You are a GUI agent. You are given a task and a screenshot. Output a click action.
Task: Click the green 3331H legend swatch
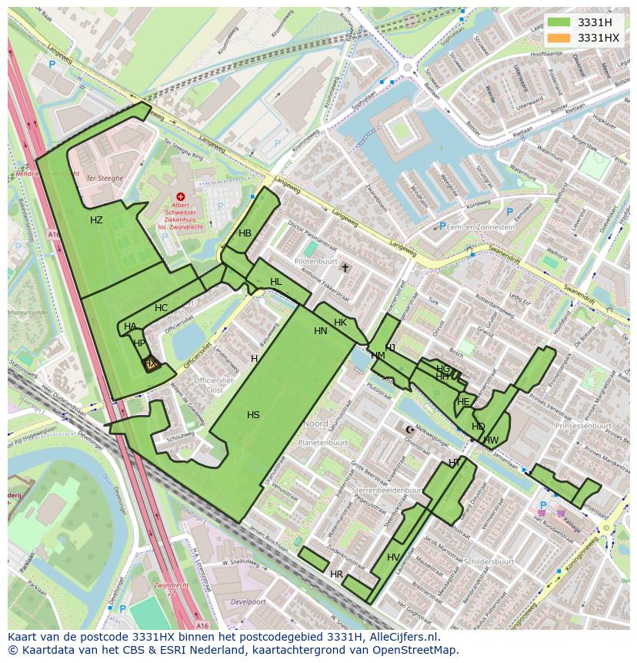coord(559,22)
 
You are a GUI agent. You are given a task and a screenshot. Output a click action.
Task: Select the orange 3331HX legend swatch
coord(559,38)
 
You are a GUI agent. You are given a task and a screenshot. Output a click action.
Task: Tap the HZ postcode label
coord(96,220)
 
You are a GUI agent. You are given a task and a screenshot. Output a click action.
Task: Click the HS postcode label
coord(253,415)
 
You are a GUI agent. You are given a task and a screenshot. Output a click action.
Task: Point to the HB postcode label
coord(245,233)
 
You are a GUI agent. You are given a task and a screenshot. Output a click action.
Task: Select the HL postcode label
coord(275,283)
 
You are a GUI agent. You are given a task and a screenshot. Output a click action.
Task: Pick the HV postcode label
coord(393,558)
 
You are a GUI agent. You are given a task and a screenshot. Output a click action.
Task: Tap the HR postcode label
coord(336,574)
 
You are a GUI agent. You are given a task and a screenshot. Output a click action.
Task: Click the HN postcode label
coord(321,331)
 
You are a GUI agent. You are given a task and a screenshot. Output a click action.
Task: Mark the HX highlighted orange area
coord(151,363)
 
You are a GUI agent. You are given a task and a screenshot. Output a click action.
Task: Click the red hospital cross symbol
coord(181,197)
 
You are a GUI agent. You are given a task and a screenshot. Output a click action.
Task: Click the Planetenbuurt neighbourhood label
coord(324,443)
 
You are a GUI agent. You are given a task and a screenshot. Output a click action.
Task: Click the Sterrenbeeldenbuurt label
coord(378,489)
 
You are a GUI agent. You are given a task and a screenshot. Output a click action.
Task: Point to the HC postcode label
coord(161,308)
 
